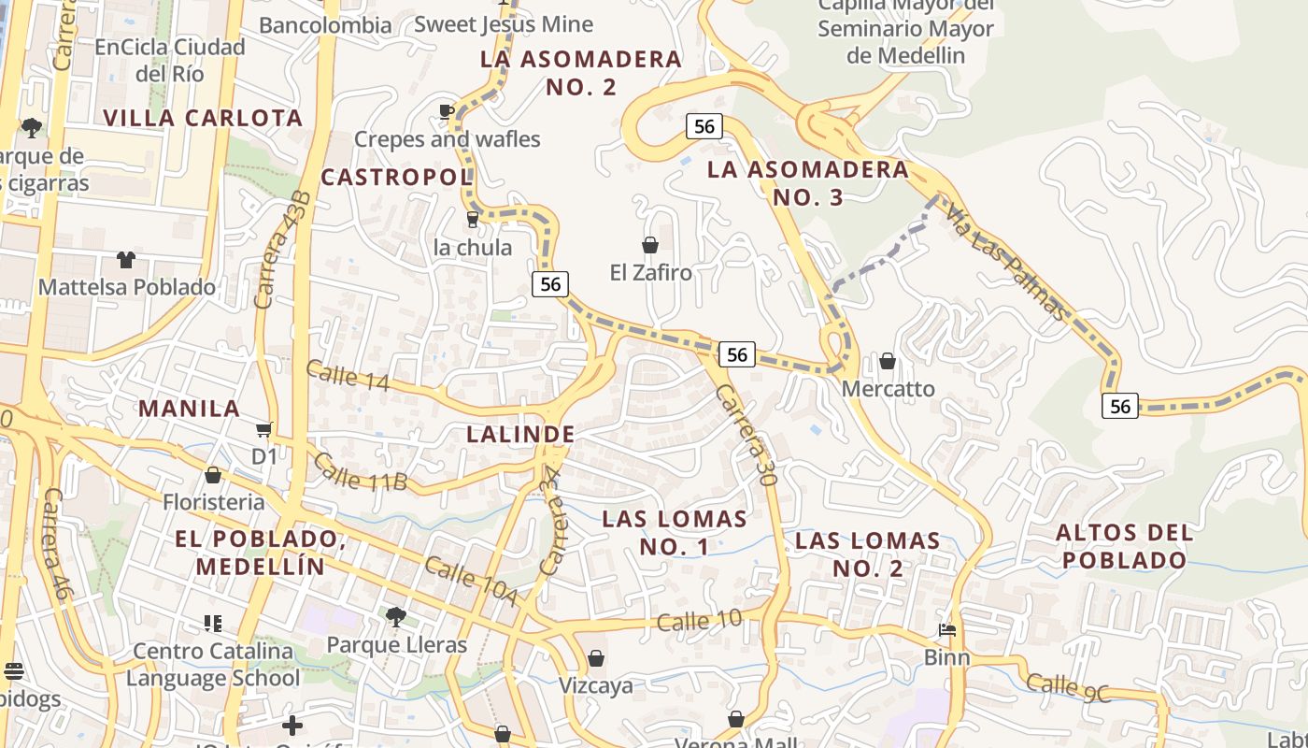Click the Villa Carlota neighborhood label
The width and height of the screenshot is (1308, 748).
pyautogui.click(x=203, y=118)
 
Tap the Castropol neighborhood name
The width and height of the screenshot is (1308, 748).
pyautogui.click(x=397, y=177)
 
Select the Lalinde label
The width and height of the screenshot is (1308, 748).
pyautogui.click(x=520, y=434)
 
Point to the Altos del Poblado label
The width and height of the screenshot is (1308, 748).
pyautogui.click(x=1124, y=547)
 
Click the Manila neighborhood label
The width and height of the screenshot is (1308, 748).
pyautogui.click(x=190, y=409)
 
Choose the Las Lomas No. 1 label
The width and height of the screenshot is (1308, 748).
pyautogui.click(x=675, y=532)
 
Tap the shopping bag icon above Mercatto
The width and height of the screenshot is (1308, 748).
pyautogui.click(x=888, y=361)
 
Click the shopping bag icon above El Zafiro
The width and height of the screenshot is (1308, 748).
pyautogui.click(x=650, y=245)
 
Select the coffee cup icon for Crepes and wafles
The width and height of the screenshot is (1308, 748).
pyautogui.click(x=447, y=112)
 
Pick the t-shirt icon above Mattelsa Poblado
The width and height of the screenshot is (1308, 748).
pyautogui.click(x=126, y=259)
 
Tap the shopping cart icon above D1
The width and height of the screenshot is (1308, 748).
pyautogui.click(x=264, y=429)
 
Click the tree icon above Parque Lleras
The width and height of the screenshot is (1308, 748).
pyautogui.click(x=396, y=616)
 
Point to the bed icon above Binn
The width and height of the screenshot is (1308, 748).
pyautogui.click(x=946, y=630)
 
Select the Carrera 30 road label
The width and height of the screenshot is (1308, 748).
pyautogui.click(x=746, y=435)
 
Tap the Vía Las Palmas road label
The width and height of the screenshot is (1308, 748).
pyautogui.click(x=1005, y=263)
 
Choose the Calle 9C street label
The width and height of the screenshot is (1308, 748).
pyautogui.click(x=1069, y=687)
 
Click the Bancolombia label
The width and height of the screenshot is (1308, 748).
pyautogui.click(x=325, y=25)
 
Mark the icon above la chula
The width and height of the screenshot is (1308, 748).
pyautogui.click(x=473, y=220)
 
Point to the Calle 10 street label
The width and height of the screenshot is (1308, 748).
pyautogui.click(x=699, y=620)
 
